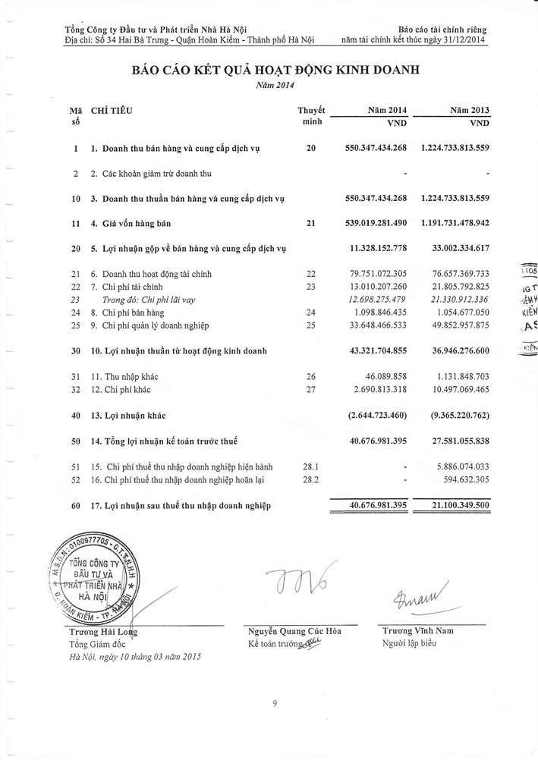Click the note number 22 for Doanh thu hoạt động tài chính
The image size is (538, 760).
310,273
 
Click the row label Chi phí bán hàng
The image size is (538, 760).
128,312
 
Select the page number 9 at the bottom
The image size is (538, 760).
274,705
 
